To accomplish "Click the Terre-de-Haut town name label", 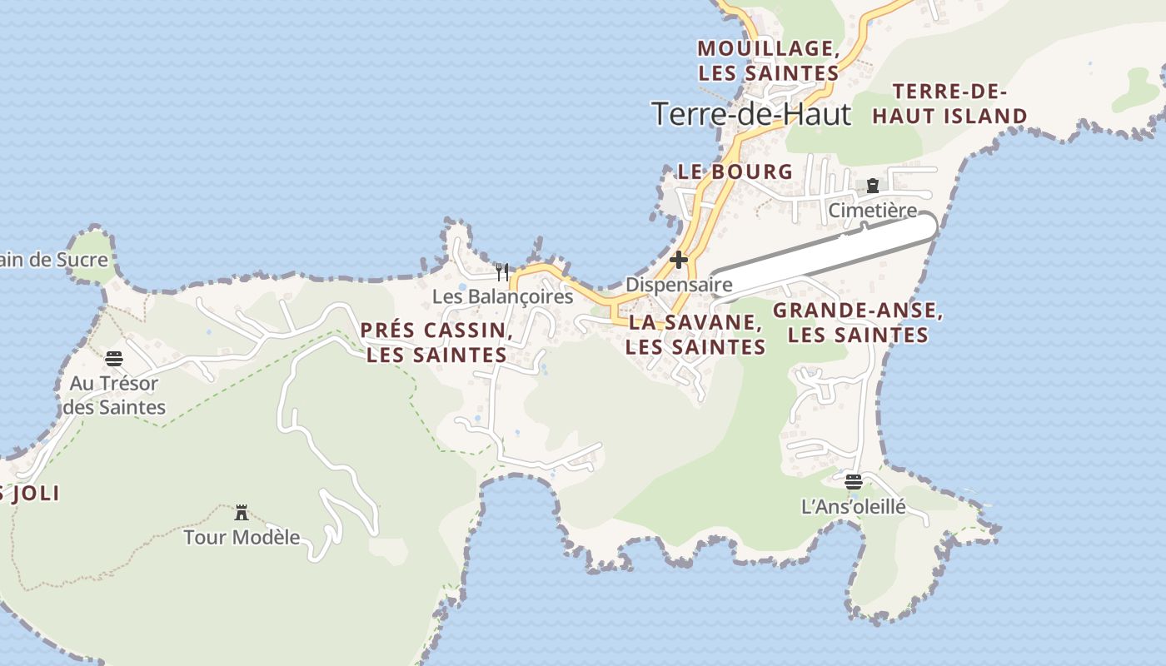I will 751,114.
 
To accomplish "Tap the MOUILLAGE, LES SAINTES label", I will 768,61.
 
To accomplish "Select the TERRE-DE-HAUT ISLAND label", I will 949,104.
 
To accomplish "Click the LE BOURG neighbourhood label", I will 735,172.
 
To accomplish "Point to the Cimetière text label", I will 872,211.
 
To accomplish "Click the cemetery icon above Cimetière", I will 873,186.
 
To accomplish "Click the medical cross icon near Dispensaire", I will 679,260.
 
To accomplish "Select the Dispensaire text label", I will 679,285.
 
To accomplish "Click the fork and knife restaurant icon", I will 502,272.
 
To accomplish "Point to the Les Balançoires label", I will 502,296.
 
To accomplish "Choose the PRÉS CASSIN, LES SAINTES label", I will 436,342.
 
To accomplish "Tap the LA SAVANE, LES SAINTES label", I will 695,335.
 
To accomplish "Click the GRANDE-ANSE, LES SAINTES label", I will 858,323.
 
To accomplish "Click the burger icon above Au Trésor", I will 114,359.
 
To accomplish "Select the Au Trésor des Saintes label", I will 114,395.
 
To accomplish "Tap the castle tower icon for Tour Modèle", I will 242,512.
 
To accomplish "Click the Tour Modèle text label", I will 242,537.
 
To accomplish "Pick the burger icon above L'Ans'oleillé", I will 853,481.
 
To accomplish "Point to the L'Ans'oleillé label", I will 853,506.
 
